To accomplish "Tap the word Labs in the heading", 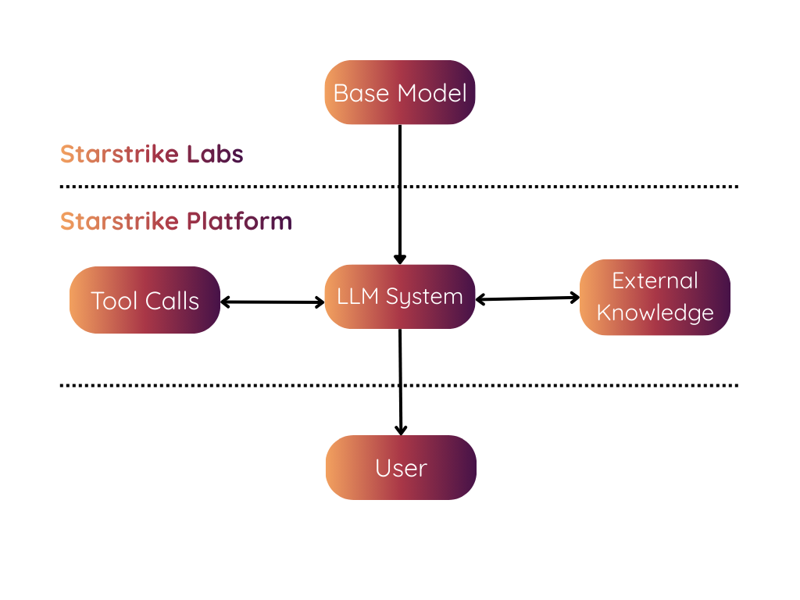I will (x=215, y=154).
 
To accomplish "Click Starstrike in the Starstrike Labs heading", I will (x=120, y=154).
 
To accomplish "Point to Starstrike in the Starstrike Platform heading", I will (x=120, y=221).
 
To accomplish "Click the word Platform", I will (x=239, y=221).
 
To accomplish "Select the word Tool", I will (x=115, y=301).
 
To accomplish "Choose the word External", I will (x=655, y=280).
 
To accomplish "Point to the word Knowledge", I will (x=655, y=312).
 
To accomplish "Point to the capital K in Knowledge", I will (x=603, y=312).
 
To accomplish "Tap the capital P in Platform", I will (x=193, y=221).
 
